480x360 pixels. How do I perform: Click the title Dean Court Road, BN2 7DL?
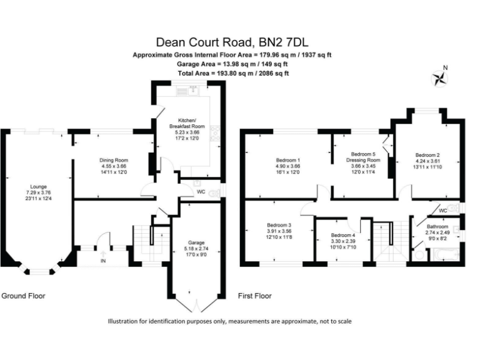coord(232,42)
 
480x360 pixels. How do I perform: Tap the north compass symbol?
coord(441,77)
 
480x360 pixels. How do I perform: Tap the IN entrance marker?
coord(102,260)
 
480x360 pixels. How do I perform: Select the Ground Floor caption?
coord(23,296)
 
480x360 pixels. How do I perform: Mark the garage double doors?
coord(197,304)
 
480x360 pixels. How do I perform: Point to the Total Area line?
coord(232,73)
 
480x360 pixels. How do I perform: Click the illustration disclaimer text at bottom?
coord(230,321)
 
